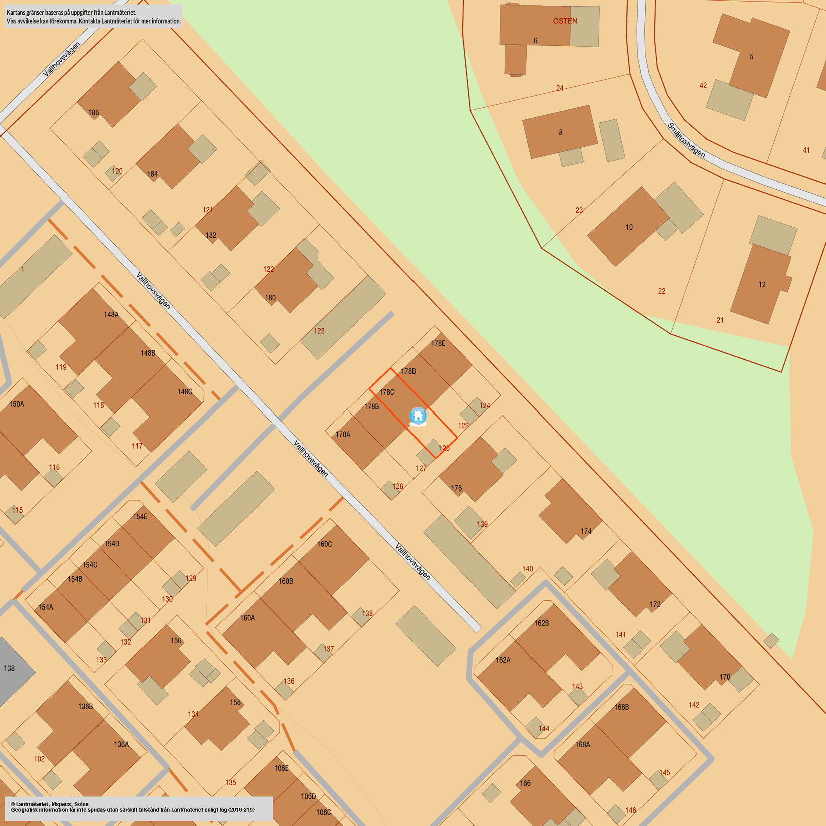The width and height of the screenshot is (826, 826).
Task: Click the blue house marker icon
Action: pos(418,416)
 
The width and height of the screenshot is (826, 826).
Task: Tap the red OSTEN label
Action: pos(565,21)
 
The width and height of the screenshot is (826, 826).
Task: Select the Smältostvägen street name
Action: pos(686,140)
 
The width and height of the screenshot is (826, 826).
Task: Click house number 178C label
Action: pos(386,392)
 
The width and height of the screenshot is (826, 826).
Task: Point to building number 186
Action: pos(94,113)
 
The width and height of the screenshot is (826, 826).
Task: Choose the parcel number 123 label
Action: pos(319,331)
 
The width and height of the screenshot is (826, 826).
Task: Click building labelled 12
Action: pos(762,285)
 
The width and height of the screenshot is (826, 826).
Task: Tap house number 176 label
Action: pos(456,488)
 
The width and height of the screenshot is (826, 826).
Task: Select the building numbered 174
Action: pos(586,531)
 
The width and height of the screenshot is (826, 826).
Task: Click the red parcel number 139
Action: pos(482,524)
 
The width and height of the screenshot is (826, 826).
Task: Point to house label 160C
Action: pos(324,544)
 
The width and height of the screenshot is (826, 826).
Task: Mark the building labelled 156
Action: pos(176,640)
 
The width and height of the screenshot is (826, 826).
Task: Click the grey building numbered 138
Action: pos(9,668)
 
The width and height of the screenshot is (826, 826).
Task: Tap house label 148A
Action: pos(111,315)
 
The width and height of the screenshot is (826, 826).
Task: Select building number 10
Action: pos(629,227)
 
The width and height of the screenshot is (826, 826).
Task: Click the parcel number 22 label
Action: pos(662,291)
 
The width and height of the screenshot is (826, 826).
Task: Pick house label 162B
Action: pos(541,623)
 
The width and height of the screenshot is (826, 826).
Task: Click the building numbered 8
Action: pos(560,133)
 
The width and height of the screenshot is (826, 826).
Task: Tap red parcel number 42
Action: pos(703,86)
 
